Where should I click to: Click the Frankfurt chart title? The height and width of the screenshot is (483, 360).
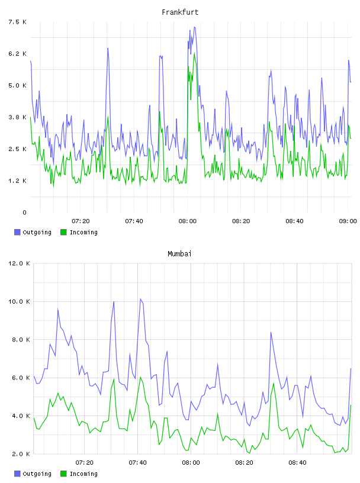(x=180, y=12)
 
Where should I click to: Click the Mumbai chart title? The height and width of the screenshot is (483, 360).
(x=179, y=254)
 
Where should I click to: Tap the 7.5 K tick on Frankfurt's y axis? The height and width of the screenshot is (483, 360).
(x=18, y=22)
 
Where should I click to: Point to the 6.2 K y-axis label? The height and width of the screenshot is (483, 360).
(x=18, y=54)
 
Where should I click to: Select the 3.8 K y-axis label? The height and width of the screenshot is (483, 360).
(x=18, y=117)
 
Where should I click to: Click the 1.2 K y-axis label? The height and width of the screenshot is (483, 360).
(x=18, y=181)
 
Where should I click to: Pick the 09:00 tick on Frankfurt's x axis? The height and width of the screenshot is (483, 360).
(x=348, y=221)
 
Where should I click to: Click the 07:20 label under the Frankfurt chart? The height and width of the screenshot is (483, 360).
(x=81, y=221)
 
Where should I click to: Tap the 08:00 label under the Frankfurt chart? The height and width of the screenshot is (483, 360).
(x=187, y=221)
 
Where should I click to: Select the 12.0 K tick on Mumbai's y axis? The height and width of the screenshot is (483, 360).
(x=19, y=263)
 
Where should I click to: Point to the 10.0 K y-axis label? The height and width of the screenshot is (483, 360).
(x=19, y=301)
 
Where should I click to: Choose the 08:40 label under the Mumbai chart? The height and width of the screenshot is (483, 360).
(x=297, y=462)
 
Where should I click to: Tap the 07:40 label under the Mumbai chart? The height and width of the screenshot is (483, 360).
(x=137, y=462)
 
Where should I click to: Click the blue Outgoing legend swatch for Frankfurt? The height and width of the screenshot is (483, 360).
(x=17, y=232)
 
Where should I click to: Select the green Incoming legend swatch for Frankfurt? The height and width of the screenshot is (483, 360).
(x=63, y=232)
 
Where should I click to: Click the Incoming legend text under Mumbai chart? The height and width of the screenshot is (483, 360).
(x=83, y=474)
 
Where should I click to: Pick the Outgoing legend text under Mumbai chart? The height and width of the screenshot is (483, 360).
(x=37, y=474)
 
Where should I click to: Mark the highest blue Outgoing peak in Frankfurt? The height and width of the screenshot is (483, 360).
(x=194, y=27)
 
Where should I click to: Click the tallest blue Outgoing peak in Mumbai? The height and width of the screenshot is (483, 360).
(x=140, y=299)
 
